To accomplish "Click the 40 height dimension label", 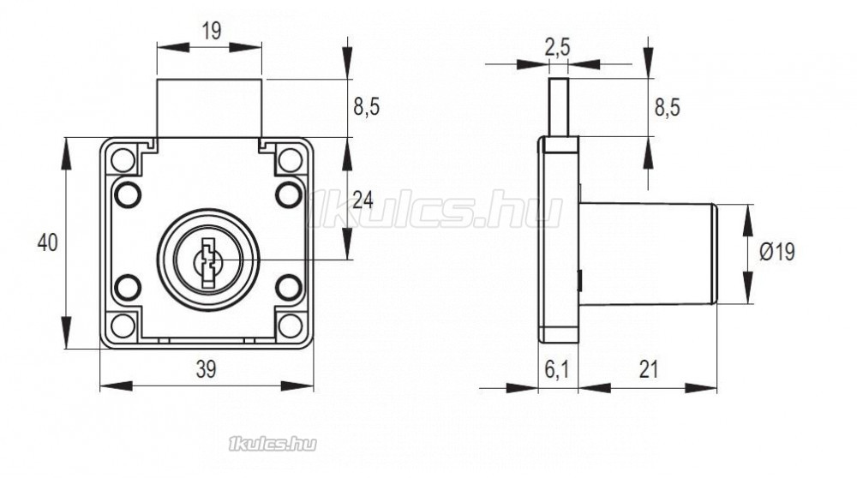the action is point(47,242).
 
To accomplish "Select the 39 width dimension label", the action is point(206,369).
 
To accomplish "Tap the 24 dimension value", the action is point(363,200).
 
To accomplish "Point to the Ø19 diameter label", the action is point(777,252).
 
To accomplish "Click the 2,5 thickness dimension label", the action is point(558,47).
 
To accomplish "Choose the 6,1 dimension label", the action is point(557,370).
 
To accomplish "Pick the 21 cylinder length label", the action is point(649,370).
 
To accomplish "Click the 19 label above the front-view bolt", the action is point(212,31).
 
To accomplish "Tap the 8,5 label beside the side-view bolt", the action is point(668,108).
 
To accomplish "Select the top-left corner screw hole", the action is point(123,160).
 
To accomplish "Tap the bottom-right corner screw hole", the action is point(291,326).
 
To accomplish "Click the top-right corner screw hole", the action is point(291,160).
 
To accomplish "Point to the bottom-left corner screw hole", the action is point(123,326).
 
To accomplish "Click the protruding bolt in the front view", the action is point(209,108).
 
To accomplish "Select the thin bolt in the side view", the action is point(558,107).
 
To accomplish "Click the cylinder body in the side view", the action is point(648,254).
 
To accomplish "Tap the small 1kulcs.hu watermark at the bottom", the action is point(273,444).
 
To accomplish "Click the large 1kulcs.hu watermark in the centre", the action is point(434,209).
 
